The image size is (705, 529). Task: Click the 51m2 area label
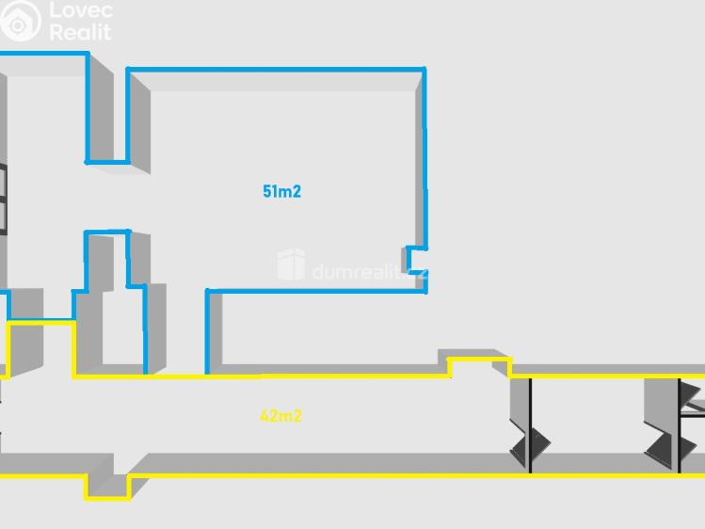tap(281, 192)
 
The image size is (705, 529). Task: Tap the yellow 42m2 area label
tap(280, 416)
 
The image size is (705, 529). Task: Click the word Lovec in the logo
tap(81, 11)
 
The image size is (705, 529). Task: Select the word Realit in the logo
tap(80, 32)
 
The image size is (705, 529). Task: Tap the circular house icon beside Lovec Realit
tap(21, 20)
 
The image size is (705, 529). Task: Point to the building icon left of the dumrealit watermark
tap(291, 265)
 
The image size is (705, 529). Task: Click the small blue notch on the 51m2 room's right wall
tap(414, 259)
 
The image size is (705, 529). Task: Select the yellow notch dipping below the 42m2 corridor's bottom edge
tap(108, 486)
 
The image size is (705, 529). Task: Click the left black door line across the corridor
tap(530, 424)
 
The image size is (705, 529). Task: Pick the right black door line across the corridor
tap(680, 424)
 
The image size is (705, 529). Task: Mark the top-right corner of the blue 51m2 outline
tap(424, 69)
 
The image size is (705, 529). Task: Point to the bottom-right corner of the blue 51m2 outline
tap(425, 290)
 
